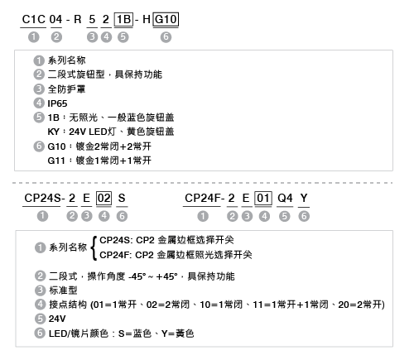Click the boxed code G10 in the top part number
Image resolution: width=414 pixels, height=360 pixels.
(166, 19)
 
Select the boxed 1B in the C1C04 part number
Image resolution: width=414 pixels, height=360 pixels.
(123, 19)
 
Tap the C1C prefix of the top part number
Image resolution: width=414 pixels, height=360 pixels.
(33, 19)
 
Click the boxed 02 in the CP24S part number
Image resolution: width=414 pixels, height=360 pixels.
(103, 198)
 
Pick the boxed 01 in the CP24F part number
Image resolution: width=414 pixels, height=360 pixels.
(263, 198)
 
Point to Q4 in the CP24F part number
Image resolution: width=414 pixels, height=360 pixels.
(285, 198)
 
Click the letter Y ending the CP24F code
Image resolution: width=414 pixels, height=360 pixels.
(304, 198)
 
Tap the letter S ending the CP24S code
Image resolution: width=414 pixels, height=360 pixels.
(122, 198)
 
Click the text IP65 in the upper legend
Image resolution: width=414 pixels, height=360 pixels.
(57, 103)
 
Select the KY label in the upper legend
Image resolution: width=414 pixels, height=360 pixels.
(54, 132)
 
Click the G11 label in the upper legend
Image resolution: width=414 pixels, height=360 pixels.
(56, 161)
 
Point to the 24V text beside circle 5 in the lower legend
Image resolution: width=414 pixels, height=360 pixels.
(57, 319)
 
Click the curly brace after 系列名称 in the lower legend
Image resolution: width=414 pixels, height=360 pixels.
(94, 248)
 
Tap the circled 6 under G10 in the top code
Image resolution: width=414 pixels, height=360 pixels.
(166, 37)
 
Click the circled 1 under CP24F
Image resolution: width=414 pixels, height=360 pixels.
(203, 216)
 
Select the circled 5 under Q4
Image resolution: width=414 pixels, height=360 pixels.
(285, 216)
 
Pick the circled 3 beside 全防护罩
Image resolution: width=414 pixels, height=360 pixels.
(39, 89)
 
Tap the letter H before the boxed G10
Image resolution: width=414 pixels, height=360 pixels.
(147, 19)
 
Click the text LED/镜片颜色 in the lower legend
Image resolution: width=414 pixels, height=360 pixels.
(79, 334)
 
